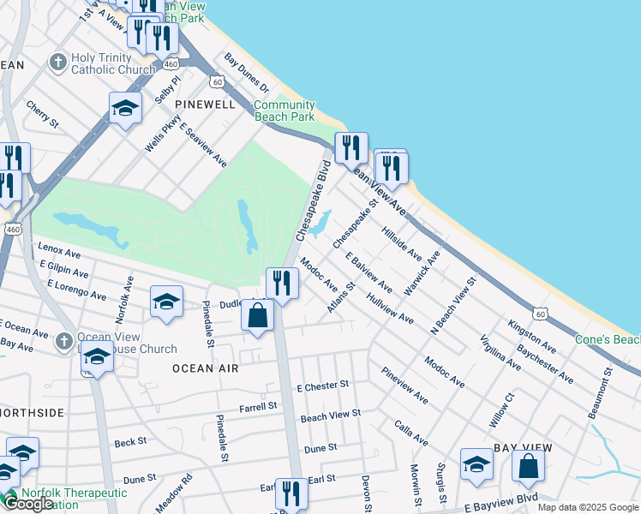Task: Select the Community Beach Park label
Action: [284, 111]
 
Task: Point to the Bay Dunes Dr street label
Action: [247, 74]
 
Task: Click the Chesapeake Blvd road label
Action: [313, 200]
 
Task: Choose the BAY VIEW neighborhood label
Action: [520, 448]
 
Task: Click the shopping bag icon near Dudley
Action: [257, 316]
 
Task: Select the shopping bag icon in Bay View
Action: [529, 466]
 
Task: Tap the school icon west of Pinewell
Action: [125, 108]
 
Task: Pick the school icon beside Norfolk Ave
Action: [166, 302]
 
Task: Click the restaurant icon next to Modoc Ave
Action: [281, 283]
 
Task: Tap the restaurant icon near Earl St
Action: [291, 493]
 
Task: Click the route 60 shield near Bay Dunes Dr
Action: [219, 82]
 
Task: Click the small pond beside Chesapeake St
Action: [320, 225]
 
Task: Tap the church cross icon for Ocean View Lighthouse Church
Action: [63, 342]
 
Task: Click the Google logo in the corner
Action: [28, 504]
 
